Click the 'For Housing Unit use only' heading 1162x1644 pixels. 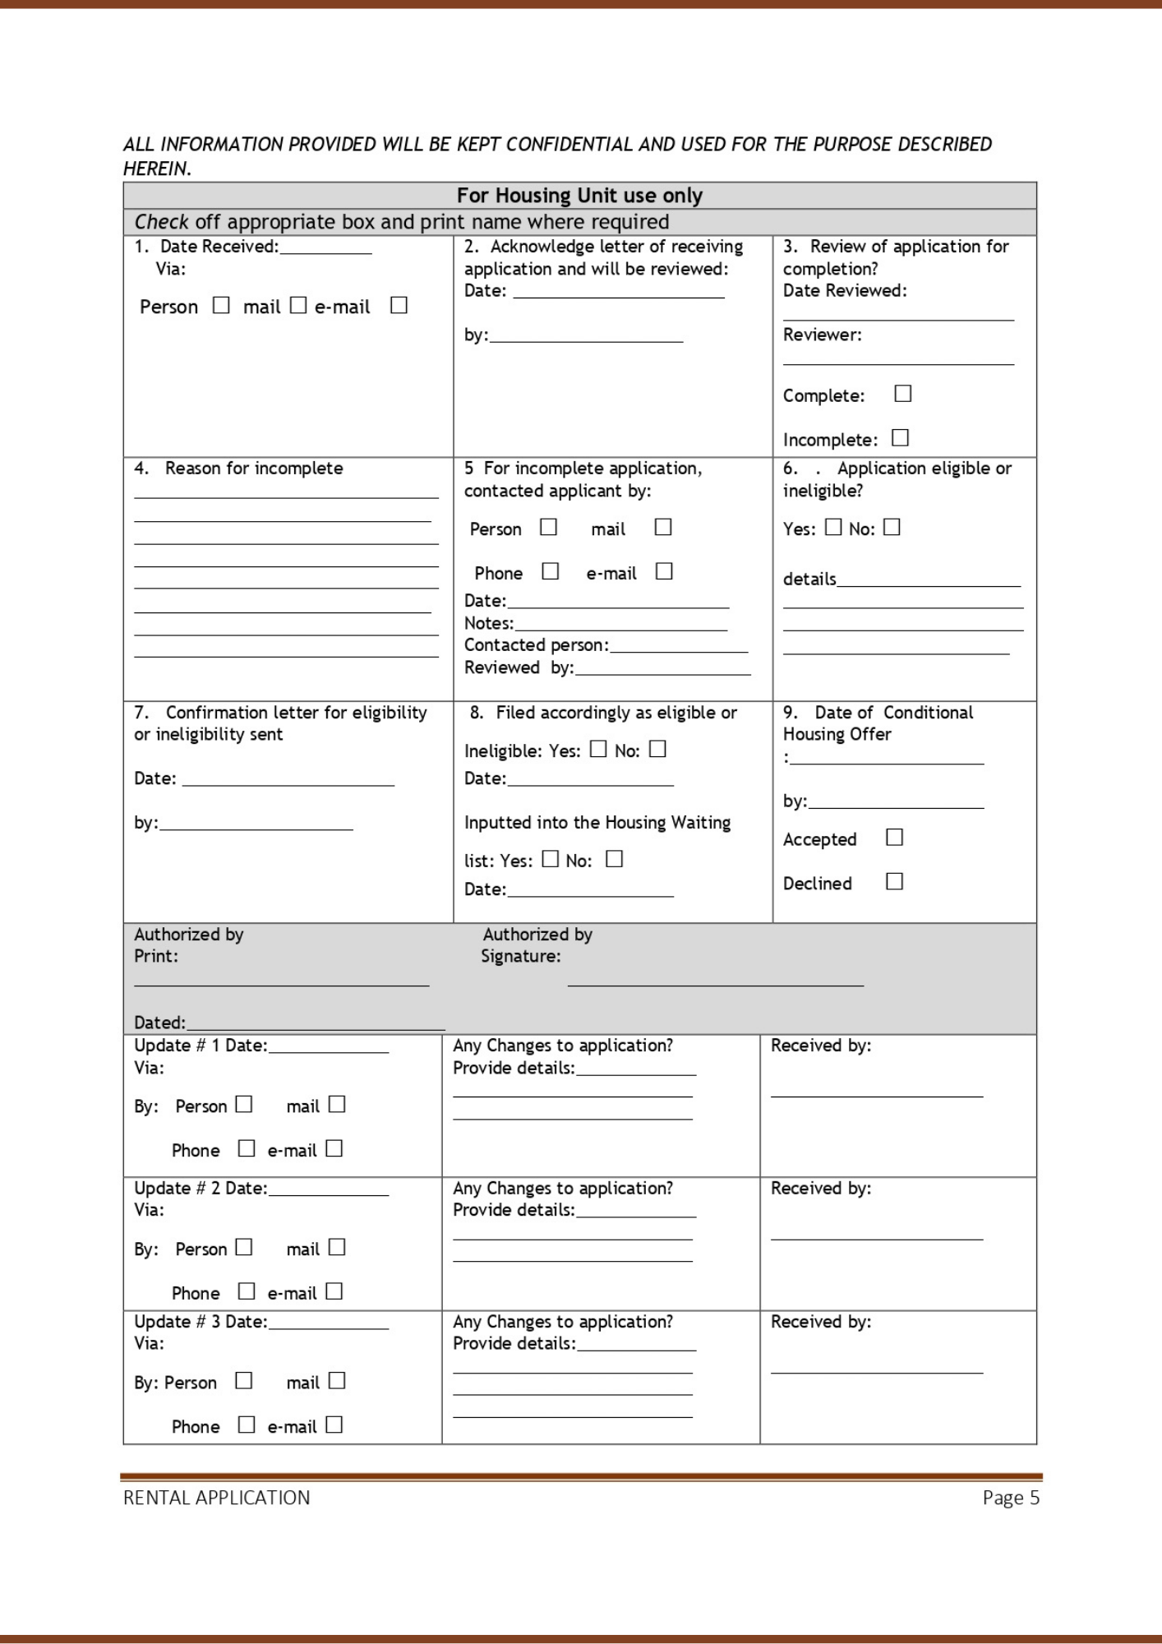[x=579, y=196]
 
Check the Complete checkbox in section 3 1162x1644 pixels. [x=903, y=394]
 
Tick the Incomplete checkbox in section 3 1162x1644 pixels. [x=901, y=438]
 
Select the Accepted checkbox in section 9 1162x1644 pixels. [x=895, y=838]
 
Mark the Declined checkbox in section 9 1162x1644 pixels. [x=895, y=882]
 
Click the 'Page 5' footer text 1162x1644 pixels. [x=1011, y=1498]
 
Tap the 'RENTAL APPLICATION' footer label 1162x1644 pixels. [x=217, y=1498]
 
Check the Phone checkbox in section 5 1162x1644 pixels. [x=551, y=571]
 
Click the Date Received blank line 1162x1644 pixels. [x=325, y=250]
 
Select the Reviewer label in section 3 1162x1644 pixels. [x=822, y=335]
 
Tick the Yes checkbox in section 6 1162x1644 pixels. [x=833, y=527]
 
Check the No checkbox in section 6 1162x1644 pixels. [x=892, y=527]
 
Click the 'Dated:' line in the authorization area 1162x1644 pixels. [x=316, y=1026]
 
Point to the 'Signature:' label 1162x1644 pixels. [x=521, y=956]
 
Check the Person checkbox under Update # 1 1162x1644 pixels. [x=244, y=1104]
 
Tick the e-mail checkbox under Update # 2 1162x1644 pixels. [x=334, y=1291]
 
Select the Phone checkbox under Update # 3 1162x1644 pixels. [x=247, y=1425]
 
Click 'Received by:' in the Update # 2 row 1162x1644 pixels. [x=821, y=1189]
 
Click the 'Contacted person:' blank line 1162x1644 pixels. [x=679, y=649]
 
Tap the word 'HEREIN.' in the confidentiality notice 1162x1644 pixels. [x=157, y=169]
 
